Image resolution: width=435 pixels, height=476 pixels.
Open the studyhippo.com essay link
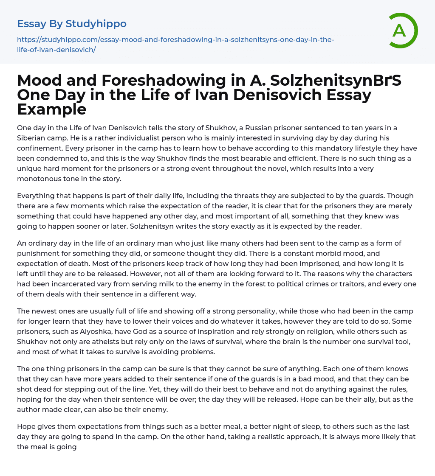coord(175,45)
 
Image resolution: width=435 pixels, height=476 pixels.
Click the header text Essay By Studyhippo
coord(72,24)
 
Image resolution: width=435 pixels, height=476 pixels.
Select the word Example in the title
coord(52,109)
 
